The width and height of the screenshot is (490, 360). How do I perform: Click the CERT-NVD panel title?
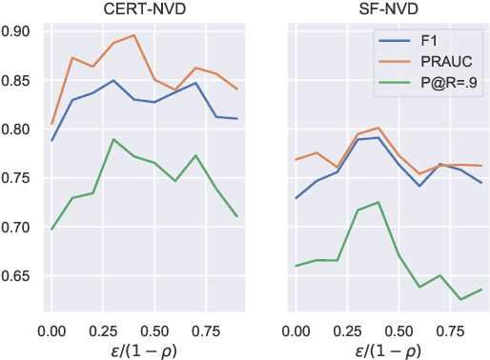(144, 10)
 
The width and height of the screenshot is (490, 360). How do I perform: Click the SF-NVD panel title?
(386, 10)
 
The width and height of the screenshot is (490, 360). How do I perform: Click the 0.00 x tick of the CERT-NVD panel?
(51, 328)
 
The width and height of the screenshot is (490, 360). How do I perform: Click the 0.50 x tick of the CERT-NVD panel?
(156, 328)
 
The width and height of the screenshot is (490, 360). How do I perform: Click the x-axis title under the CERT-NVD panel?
(144, 348)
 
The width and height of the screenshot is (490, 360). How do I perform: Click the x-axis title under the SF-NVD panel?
(386, 348)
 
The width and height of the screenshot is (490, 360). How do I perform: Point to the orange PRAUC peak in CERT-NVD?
(134, 35)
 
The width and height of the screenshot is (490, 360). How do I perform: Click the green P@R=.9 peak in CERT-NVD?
(113, 139)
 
